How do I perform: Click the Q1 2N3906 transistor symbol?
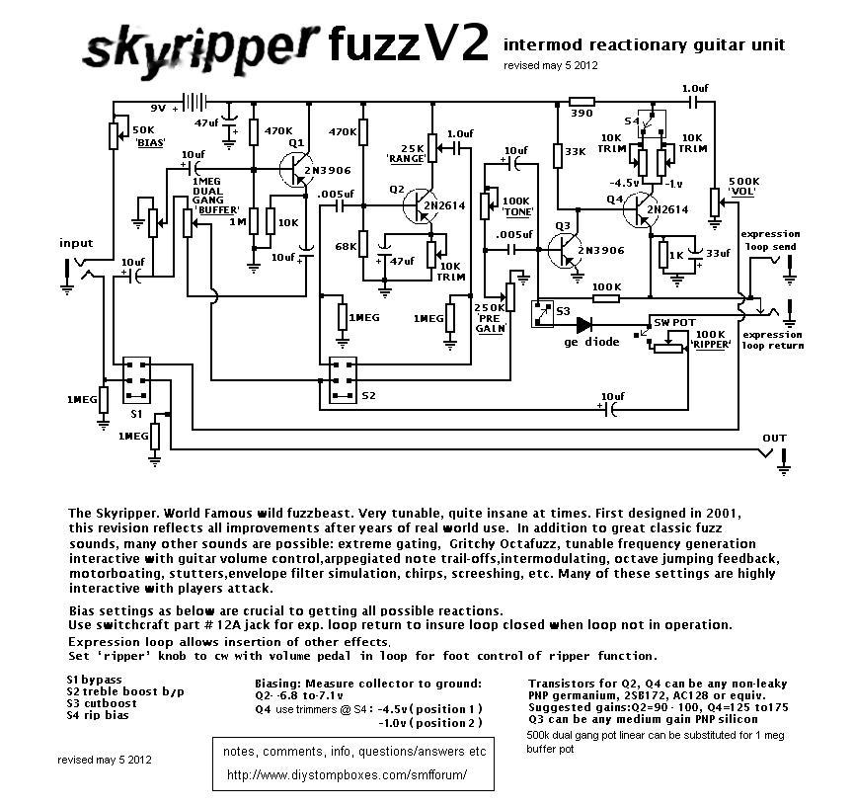[x=296, y=170]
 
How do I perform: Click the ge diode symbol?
[x=584, y=324]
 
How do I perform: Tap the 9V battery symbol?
[x=200, y=103]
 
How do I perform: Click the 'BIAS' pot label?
[x=149, y=142]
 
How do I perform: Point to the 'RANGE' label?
[x=407, y=158]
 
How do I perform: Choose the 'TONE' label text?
[x=518, y=212]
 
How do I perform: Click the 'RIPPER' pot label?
[x=712, y=345]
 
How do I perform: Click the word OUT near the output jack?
[x=774, y=438]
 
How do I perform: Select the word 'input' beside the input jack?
[x=76, y=243]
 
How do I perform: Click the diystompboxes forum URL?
[x=347, y=775]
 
